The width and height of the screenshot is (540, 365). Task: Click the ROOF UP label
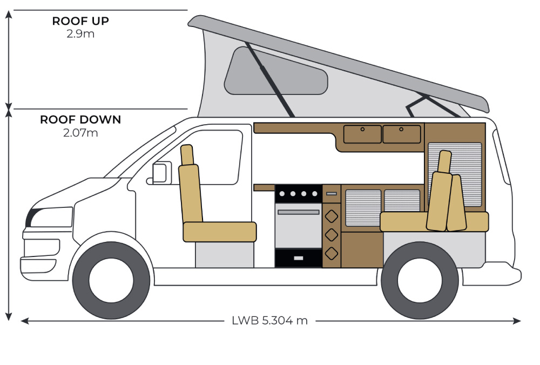pyautogui.click(x=80, y=21)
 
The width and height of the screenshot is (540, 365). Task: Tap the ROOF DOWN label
pyautogui.click(x=80, y=120)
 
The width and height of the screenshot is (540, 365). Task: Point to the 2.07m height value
pyautogui.click(x=80, y=132)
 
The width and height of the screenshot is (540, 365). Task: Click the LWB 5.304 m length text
pyautogui.click(x=269, y=320)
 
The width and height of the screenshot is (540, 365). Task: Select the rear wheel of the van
pyautogui.click(x=420, y=280)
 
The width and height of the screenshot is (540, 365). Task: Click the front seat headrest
pyautogui.click(x=187, y=155)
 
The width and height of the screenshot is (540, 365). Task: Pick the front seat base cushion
pyautogui.click(x=219, y=232)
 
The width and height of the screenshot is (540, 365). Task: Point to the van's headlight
pyautogui.click(x=51, y=217)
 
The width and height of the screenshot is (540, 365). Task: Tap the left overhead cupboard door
pyautogui.click(x=362, y=134)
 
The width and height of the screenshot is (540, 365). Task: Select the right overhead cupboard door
pyautogui.click(x=401, y=134)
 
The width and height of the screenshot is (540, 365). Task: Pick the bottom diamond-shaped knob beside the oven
pyautogui.click(x=332, y=253)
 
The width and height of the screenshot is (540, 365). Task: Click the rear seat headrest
pyautogui.click(x=444, y=161)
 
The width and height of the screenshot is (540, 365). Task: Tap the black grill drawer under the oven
pyautogui.click(x=299, y=258)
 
